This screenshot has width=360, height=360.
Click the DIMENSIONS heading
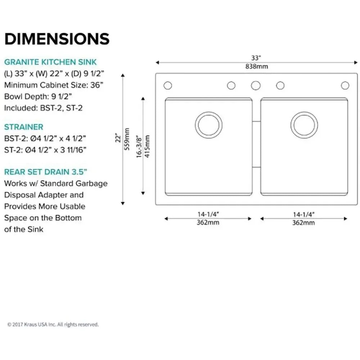tap(57, 39)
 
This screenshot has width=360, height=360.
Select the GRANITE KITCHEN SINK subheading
tap(50, 62)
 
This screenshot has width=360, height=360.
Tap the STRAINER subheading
tap(24, 127)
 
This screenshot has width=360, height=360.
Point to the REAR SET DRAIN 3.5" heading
tap(45, 171)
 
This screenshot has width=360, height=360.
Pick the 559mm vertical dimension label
tap(127, 139)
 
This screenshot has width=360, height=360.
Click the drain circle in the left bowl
tap(209, 125)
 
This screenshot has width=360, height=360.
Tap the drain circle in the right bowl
tap(304, 125)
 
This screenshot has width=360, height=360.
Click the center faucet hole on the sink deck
tap(256, 86)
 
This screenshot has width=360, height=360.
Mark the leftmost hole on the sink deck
tap(168, 86)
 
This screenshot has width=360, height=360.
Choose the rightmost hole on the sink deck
tap(345, 86)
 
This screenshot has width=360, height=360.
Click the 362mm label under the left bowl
tap(208, 222)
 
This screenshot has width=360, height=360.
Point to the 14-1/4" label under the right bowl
tap(303, 215)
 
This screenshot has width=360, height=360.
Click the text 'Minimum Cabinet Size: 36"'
tap(54, 86)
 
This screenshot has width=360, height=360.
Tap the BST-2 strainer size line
tap(45, 138)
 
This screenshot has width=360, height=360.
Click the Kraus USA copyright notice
tap(53, 324)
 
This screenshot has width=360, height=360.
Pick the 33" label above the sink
tap(256, 58)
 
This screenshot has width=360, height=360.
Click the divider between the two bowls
tap(256, 144)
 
